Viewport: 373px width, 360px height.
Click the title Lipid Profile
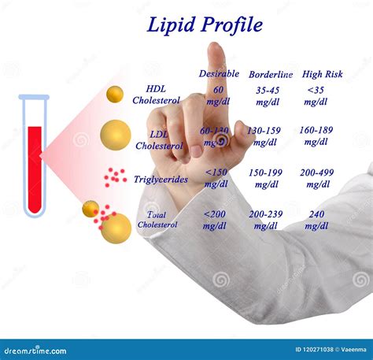coord(205,24)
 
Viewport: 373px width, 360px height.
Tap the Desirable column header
coord(219,73)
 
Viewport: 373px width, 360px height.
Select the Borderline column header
coord(271,74)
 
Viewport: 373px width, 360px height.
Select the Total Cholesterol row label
coord(157,220)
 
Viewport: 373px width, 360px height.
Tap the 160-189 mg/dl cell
coord(316,136)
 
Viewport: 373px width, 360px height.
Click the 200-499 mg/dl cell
coord(317,178)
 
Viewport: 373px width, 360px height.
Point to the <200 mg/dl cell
coord(214,220)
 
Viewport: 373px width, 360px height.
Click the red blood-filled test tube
coord(34,158)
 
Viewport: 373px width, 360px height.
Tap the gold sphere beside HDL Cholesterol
coord(115,95)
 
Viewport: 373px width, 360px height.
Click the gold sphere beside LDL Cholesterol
coord(116,135)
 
